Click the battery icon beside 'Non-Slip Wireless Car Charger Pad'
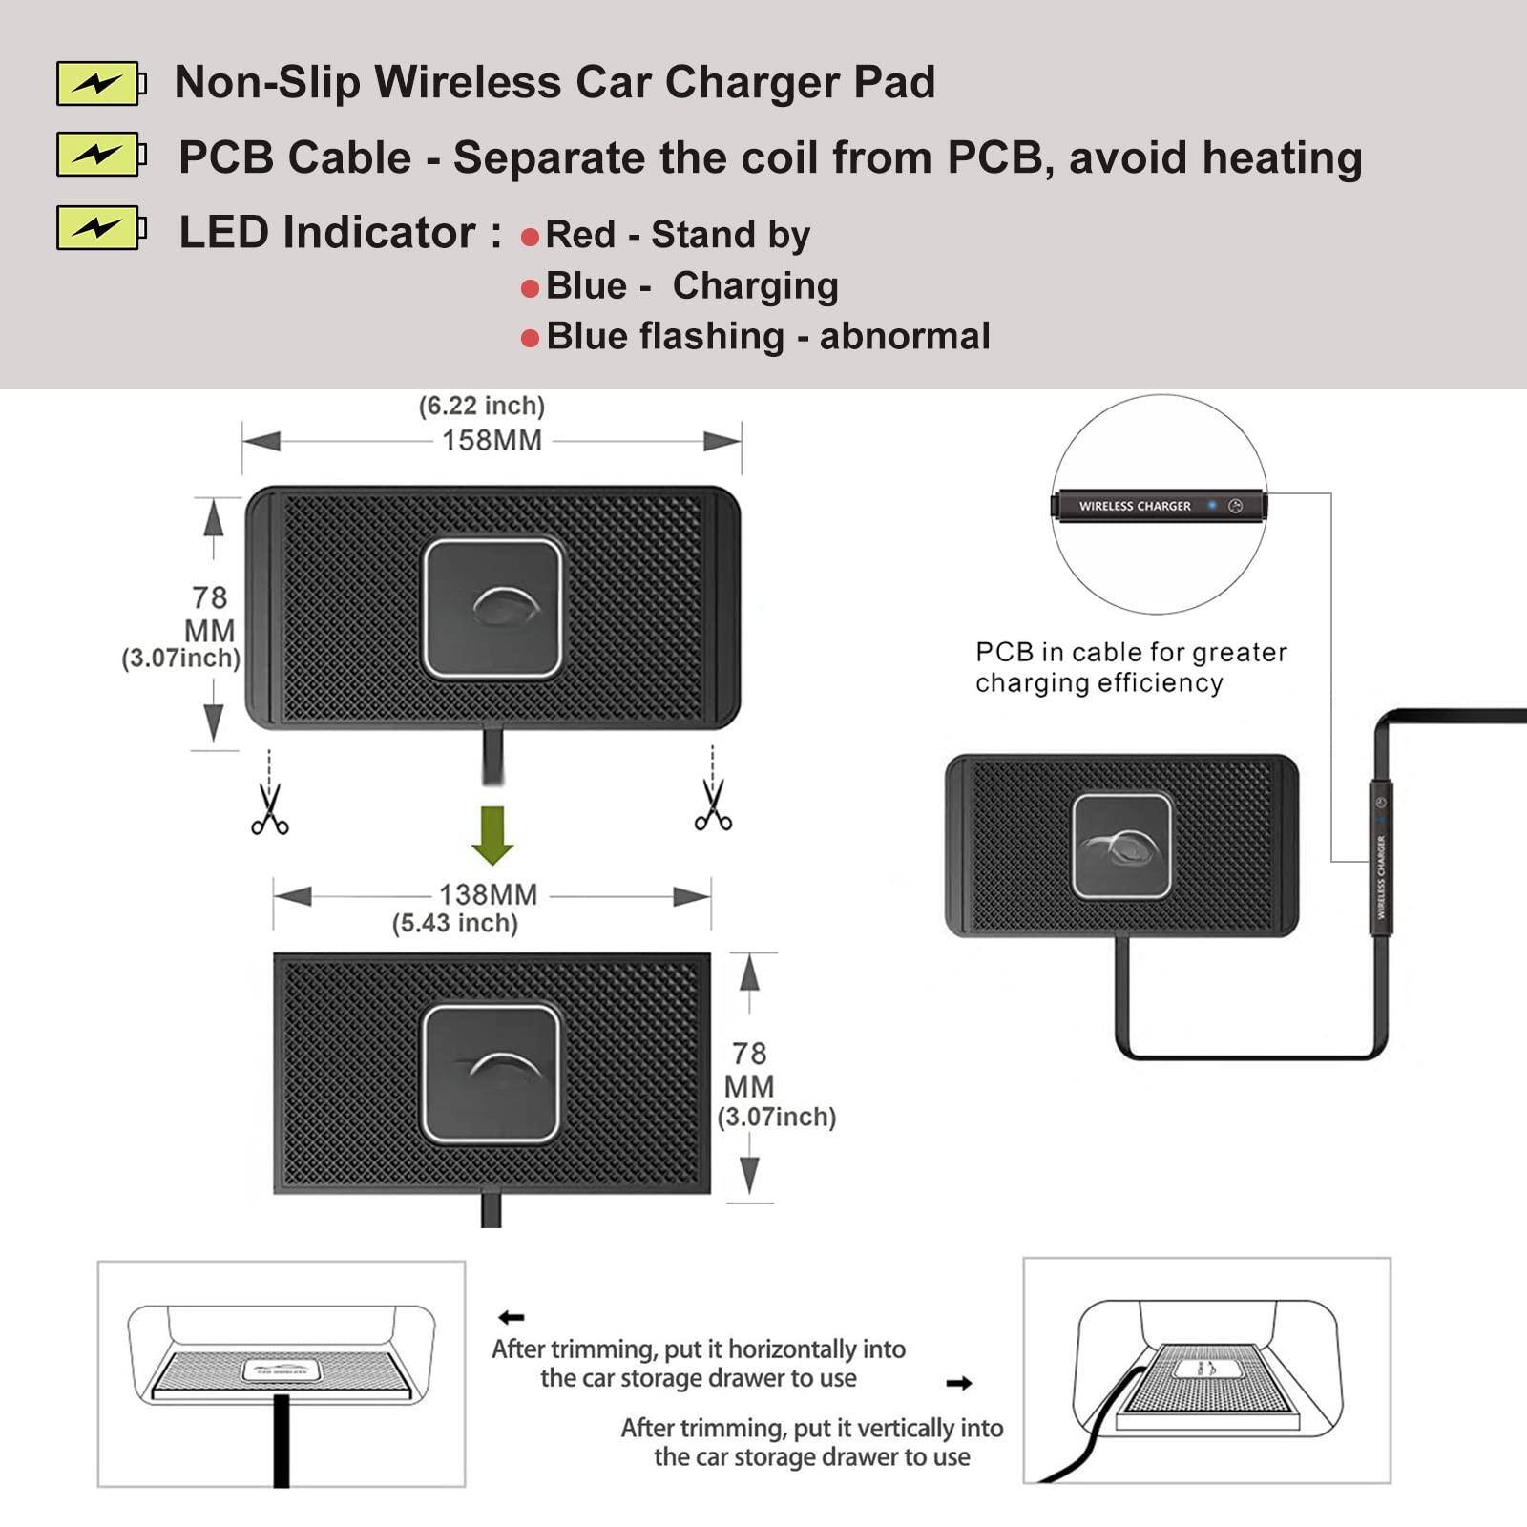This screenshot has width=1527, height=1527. (100, 83)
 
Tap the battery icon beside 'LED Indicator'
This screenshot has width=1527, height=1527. (100, 228)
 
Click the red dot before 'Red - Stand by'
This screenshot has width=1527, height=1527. (531, 237)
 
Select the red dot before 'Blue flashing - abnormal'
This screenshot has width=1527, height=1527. (531, 339)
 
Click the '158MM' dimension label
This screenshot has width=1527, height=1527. (492, 441)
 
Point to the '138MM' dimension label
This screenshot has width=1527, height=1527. (488, 895)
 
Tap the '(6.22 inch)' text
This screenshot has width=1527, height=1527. (482, 406)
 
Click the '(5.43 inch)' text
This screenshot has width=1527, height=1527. (455, 924)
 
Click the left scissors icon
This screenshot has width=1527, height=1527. (270, 809)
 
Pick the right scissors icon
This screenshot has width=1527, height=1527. (713, 805)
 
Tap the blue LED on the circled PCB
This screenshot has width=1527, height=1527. (1212, 505)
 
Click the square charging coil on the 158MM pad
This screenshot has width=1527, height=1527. (492, 608)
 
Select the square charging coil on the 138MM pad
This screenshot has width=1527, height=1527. (492, 1073)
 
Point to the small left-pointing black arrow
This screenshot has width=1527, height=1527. (512, 1318)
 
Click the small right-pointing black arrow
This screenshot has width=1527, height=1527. (959, 1383)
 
